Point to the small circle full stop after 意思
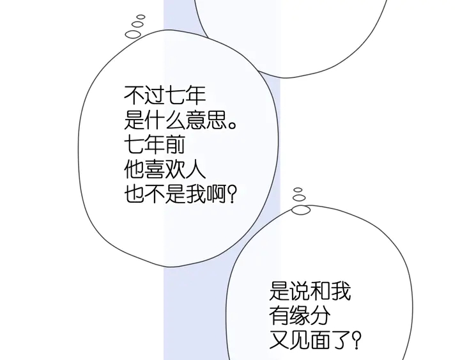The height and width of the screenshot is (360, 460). click(x=232, y=125)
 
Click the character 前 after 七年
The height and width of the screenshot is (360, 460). click(x=175, y=145)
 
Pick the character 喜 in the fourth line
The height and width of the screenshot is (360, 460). click(x=155, y=169)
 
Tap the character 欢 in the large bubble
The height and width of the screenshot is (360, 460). click(x=175, y=169)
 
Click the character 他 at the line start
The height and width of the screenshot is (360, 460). click(x=134, y=169)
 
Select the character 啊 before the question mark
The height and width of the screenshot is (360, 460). click(x=216, y=194)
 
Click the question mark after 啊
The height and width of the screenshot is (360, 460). click(x=232, y=194)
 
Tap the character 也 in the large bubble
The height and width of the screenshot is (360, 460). click(x=134, y=194)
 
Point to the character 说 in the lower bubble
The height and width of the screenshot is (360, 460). click(x=300, y=291)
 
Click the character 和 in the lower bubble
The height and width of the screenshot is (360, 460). click(x=320, y=291)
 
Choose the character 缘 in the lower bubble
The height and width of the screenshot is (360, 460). click(x=300, y=316)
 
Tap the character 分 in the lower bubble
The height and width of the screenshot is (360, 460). click(x=320, y=316)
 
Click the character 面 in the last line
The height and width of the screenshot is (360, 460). click(x=320, y=340)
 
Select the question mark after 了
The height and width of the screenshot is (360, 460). click(x=356, y=340)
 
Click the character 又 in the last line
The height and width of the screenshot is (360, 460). click(x=279, y=340)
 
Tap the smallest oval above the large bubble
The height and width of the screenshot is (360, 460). click(x=141, y=17)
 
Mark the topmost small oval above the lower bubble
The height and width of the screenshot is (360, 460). click(x=298, y=190)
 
